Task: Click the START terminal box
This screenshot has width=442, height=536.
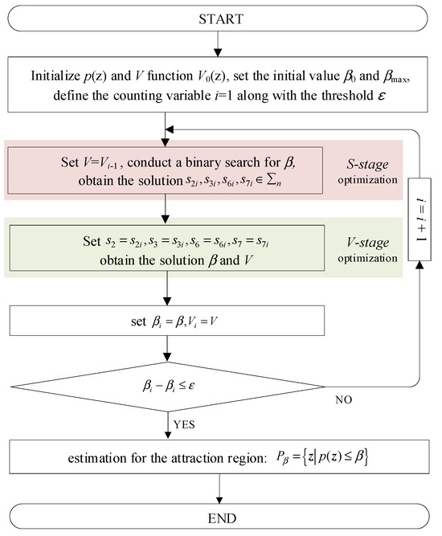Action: (x=220, y=17)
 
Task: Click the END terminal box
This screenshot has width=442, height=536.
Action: (x=220, y=521)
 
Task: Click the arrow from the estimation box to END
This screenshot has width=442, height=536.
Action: (x=220, y=493)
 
